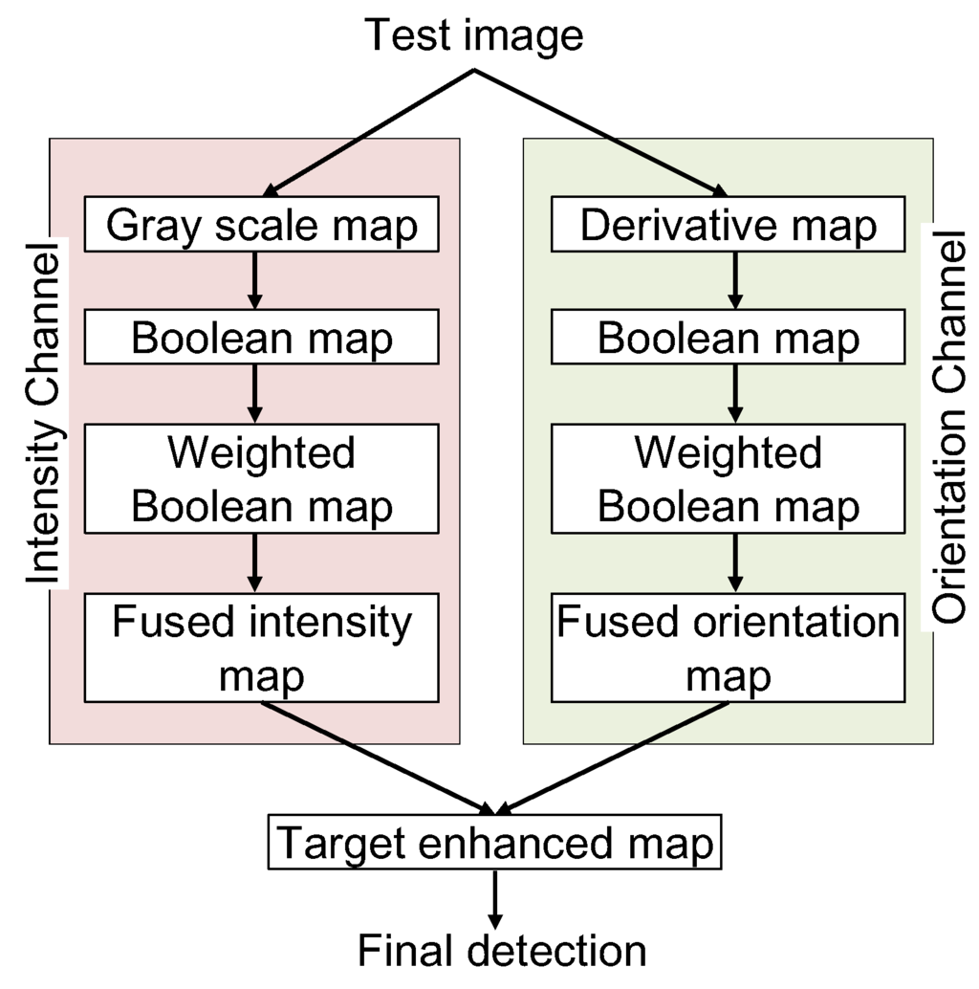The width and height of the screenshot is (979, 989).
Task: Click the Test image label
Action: coord(474,36)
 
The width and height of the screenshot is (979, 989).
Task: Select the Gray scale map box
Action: coord(261,225)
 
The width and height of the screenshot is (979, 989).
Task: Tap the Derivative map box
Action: coord(728,225)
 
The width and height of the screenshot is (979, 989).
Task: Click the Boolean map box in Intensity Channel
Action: coord(261,339)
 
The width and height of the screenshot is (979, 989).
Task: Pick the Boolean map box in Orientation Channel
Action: coord(728,339)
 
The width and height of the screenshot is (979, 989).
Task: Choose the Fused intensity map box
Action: coord(261,647)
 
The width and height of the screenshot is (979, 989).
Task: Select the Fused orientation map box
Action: coord(728,647)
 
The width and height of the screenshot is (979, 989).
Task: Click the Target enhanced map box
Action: coord(494,843)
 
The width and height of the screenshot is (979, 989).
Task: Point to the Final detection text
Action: coord(501,951)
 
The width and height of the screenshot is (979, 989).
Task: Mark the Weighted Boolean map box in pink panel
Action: coord(261,478)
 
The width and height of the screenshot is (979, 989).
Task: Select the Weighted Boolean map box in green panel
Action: coord(728,478)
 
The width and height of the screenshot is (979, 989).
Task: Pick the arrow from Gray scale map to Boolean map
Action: coord(254,280)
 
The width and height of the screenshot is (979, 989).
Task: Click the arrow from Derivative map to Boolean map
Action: coord(734,280)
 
